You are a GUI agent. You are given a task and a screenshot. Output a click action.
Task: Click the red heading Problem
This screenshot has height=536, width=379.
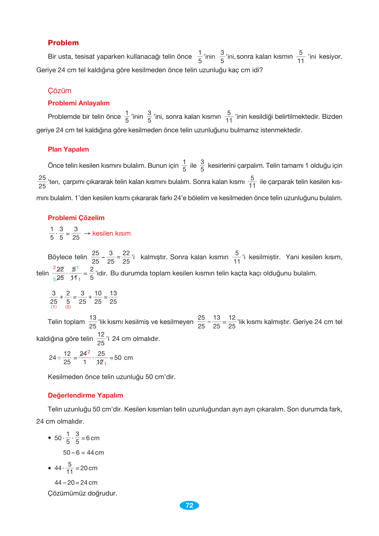coord(63,43)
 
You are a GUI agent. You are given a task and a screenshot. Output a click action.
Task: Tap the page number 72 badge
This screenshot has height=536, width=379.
coord(189,505)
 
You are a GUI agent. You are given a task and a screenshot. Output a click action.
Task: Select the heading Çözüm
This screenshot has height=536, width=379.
coord(59,91)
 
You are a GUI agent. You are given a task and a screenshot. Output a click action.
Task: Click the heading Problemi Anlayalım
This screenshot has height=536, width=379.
coord(79,103)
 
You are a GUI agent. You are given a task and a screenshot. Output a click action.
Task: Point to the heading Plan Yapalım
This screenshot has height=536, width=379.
coord(68,150)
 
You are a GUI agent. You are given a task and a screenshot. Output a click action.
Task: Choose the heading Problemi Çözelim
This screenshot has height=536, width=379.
coord(76,218)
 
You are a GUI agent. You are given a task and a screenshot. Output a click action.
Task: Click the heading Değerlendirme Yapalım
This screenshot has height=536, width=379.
coord(85,396)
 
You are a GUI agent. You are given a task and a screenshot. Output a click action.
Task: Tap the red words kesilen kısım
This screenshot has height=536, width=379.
coord(111,234)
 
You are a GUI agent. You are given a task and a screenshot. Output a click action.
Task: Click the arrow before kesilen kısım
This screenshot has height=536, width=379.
coord(87,234)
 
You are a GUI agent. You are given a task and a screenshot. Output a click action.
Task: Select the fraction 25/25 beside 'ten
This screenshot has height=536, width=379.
coord(42,182)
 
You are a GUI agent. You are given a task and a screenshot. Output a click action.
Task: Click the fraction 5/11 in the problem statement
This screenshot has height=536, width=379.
coord(301,57)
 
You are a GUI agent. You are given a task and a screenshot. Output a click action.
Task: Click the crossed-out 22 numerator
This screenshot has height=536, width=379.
coord(60,269)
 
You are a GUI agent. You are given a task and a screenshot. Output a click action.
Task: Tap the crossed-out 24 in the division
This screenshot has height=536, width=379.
coord(83,354)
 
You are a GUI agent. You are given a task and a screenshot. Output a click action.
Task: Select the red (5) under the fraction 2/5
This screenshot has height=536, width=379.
coord(68,307)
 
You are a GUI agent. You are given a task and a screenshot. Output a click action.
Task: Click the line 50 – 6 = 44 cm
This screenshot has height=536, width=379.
coord(83,453)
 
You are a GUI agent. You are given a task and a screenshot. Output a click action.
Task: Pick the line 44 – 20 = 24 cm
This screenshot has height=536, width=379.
coord(76,483)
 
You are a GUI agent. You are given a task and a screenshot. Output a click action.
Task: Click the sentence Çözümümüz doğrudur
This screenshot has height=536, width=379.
coord(82,493)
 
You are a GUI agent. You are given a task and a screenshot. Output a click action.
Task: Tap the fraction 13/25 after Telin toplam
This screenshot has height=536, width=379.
coord(93,322)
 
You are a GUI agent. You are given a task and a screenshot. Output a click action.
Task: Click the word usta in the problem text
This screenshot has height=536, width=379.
coord(65,57)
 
